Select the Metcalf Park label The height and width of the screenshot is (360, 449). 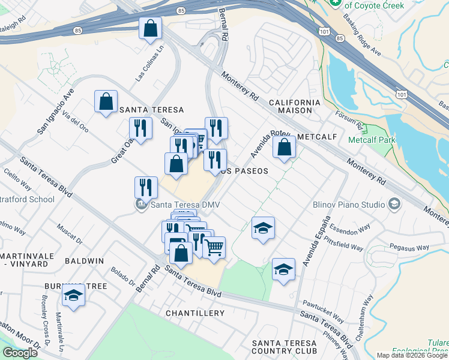coord(369,140)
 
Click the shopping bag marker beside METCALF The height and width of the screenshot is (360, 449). coord(284,146)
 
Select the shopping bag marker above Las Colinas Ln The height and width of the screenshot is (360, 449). coord(150,28)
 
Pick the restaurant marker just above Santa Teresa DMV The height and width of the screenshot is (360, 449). coord(146,187)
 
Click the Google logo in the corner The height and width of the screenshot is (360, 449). coord(20,353)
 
